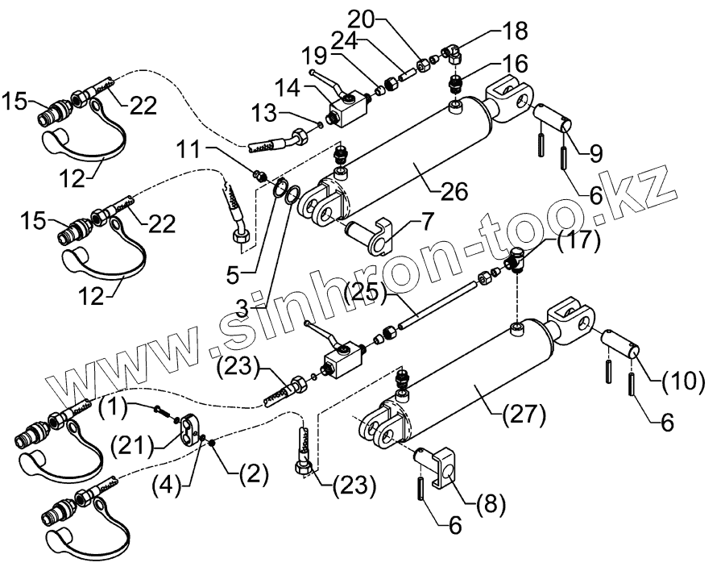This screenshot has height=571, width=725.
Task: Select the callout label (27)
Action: [x=524, y=417]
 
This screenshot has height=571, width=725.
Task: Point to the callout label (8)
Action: [x=491, y=506]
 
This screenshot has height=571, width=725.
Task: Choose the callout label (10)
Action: [x=682, y=378]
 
